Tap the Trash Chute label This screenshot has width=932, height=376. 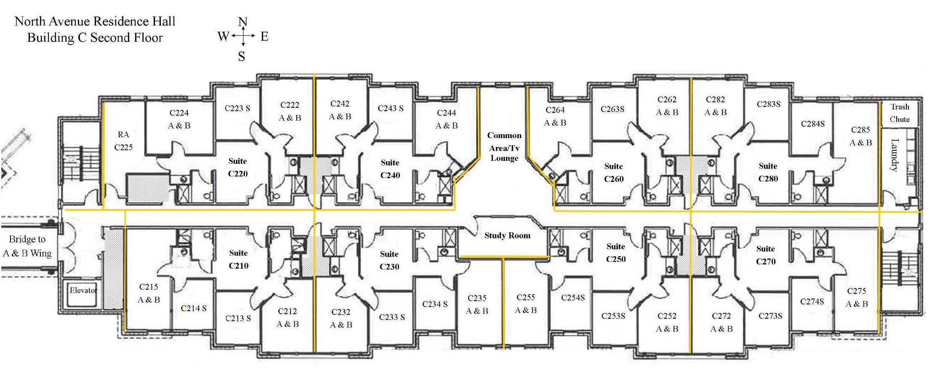point(900,113)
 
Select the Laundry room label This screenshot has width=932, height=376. point(895,155)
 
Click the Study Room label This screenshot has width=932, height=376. point(507,236)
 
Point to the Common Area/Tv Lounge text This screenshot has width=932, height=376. point(504,147)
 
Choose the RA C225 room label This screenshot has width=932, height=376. point(123,141)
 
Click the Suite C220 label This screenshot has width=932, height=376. point(237,167)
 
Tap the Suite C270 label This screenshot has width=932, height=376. point(765,255)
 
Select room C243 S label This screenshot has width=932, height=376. point(390,109)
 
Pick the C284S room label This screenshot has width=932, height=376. point(812,124)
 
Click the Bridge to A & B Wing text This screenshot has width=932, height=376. point(27,246)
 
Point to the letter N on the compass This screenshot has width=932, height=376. point(242,22)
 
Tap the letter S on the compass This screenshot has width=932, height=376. point(241,56)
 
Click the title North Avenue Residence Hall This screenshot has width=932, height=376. point(95,21)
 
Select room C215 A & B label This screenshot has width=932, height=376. point(149,293)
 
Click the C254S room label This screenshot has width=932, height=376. point(573,298)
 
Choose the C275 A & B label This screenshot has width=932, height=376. point(856,297)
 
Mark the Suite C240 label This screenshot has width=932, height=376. point(390,169)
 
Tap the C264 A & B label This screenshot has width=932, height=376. point(555,116)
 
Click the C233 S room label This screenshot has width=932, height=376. point(391,317)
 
